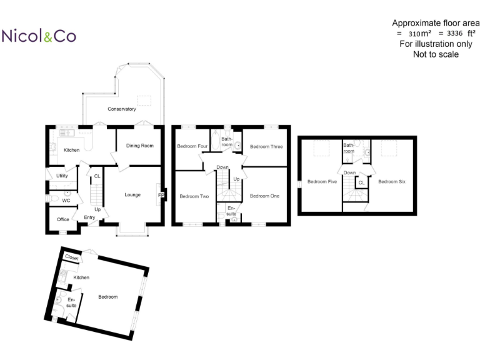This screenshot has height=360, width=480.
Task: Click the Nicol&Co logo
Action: coord(39,36)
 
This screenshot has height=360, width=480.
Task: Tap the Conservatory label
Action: coord(121,109)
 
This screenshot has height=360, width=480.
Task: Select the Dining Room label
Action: coord(140,146)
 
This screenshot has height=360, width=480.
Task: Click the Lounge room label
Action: coord(132,194)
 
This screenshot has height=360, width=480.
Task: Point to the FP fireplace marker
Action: coord(161,195)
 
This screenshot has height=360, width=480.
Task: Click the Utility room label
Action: coord(62,176)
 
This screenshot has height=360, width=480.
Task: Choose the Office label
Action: coord(63,219)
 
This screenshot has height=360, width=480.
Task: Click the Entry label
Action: coord(89,217)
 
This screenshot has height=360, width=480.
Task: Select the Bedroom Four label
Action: coord(192,146)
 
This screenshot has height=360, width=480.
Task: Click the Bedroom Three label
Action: coord(266,146)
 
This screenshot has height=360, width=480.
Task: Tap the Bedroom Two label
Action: coord(194,196)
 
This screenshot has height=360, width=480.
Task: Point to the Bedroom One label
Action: coord(264,196)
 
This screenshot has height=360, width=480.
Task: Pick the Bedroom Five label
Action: coord(322,181)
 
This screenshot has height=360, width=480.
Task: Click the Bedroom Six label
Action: coord(391,181)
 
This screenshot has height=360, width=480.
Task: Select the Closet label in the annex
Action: coord(71,257)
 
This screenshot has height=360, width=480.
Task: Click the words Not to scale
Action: coord(436,54)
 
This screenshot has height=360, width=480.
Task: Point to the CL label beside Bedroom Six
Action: coord(361,182)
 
